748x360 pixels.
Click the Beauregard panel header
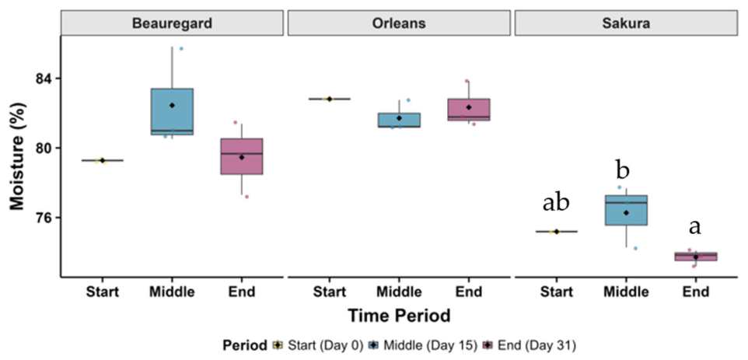(x=172, y=23)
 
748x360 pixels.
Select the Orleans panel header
(x=400, y=23)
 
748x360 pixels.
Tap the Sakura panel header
(x=627, y=23)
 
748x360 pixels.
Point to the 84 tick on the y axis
(x=46, y=79)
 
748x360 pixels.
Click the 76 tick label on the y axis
(x=46, y=218)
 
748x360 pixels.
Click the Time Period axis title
(x=399, y=316)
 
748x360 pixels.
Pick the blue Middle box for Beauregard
(x=172, y=111)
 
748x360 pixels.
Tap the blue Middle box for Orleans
(x=399, y=120)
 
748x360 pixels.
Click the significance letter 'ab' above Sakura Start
(x=556, y=203)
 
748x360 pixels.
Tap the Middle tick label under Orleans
(x=400, y=292)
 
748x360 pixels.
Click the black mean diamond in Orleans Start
(x=330, y=99)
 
